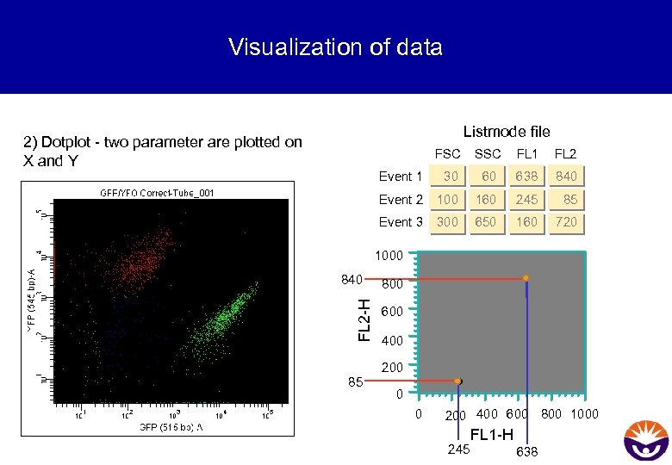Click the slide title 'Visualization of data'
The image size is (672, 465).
(335, 46)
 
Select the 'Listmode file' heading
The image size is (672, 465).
(506, 132)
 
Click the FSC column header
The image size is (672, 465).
(447, 154)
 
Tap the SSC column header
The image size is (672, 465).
(488, 154)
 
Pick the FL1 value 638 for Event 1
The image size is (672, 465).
(526, 177)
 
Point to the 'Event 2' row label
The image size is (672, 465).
(401, 200)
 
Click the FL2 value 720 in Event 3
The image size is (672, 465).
(566, 222)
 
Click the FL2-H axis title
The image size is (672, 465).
(365, 319)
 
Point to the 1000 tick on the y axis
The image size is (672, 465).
(389, 256)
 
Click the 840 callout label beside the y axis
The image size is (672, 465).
(351, 279)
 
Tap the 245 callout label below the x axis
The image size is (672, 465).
(458, 449)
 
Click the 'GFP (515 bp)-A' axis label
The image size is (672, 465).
(171, 428)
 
